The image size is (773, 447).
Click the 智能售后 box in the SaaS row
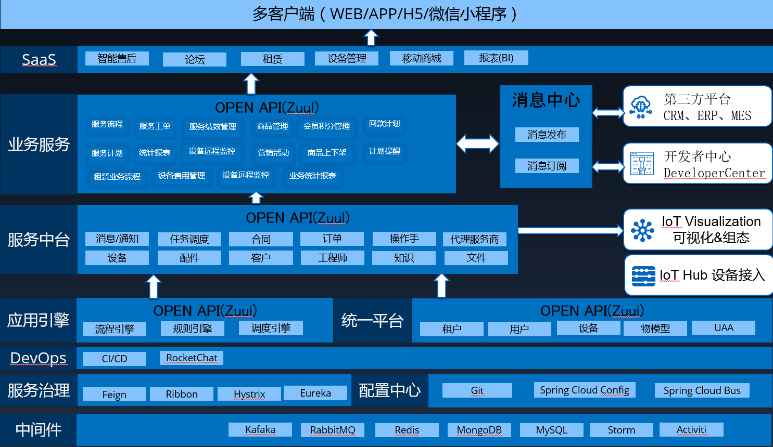coord(117,58)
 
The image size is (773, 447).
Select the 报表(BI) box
coord(496,58)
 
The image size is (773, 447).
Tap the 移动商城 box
coord(421,58)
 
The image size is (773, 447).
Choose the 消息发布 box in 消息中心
coord(547,135)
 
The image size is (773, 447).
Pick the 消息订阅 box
coord(547,166)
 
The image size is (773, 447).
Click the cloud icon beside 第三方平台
coord(641,107)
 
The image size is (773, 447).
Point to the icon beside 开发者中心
coord(641,164)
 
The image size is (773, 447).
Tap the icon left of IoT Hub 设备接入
coord(643,275)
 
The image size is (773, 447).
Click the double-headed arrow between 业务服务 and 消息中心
coord(477,143)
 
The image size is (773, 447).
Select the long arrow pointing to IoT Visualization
coord(570,230)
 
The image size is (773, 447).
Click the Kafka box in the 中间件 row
coord(260,430)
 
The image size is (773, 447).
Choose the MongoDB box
coord(479,430)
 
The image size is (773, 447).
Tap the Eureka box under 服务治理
coord(315,393)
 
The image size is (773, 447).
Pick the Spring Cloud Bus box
coord(702,390)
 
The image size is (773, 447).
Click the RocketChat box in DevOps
coord(192,358)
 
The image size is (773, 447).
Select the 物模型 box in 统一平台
coord(655,328)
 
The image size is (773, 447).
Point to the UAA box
coord(724,327)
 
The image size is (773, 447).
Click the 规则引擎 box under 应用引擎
coord(192,328)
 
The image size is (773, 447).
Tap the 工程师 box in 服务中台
coord(333,258)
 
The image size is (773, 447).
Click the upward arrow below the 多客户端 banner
coord(371,37)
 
